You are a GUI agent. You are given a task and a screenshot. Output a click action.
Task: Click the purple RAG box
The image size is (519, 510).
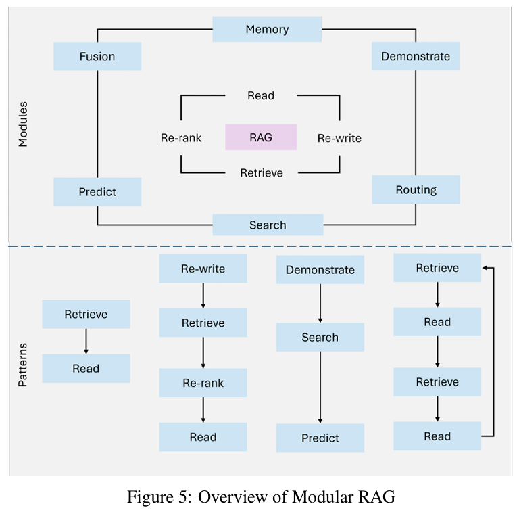[x=261, y=137]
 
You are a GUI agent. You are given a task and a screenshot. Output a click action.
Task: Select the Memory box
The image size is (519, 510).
[x=267, y=30]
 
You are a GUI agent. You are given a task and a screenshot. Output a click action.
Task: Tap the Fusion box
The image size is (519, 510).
[x=97, y=56]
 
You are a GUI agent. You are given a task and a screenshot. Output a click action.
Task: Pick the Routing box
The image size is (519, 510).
[x=416, y=190]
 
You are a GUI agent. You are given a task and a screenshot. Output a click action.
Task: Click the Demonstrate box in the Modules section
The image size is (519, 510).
[x=415, y=56]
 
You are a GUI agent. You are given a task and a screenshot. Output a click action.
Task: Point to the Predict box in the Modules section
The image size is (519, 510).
[x=97, y=192]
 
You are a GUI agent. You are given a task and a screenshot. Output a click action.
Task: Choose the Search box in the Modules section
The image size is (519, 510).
[x=268, y=225]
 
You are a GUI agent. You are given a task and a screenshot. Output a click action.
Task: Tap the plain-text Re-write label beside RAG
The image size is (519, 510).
[x=339, y=138]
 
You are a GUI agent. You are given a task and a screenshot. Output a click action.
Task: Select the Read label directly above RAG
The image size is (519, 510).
[x=261, y=96]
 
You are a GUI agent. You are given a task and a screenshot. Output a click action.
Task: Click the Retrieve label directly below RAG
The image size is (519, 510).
[x=262, y=173]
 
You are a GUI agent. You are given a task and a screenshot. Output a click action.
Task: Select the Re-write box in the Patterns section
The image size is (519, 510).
[x=203, y=269]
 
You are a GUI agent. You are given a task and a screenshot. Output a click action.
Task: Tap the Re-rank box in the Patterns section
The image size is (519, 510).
[x=203, y=384]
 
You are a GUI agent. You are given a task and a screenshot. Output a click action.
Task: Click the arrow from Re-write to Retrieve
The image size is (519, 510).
[x=203, y=296]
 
